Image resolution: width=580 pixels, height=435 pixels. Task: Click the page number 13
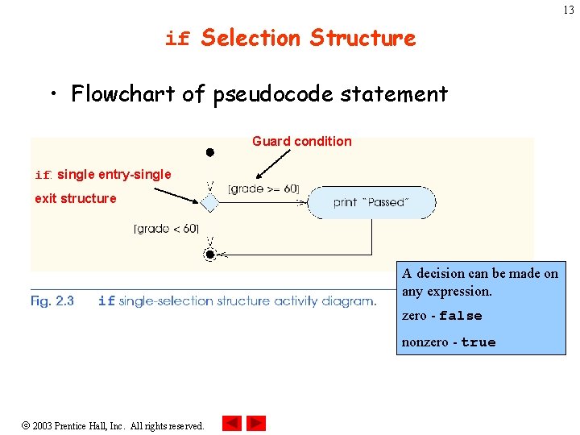569,10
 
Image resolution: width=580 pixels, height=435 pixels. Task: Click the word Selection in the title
251,38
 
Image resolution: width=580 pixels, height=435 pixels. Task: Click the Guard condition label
301,141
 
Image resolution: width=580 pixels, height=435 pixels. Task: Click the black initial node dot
209,151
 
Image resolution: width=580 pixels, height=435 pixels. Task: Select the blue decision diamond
209,203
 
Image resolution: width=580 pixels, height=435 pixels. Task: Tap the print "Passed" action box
371,202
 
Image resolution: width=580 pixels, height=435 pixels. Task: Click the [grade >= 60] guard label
263,189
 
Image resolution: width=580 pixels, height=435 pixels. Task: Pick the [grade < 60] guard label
166,228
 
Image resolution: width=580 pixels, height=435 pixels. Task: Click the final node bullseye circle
209,255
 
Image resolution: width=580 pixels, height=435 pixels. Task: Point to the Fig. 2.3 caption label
52,301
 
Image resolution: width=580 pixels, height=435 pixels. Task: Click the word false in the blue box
461,316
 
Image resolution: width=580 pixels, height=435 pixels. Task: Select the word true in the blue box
478,342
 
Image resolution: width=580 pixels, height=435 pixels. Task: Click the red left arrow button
232,423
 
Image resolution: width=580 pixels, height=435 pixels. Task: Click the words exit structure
76,198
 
